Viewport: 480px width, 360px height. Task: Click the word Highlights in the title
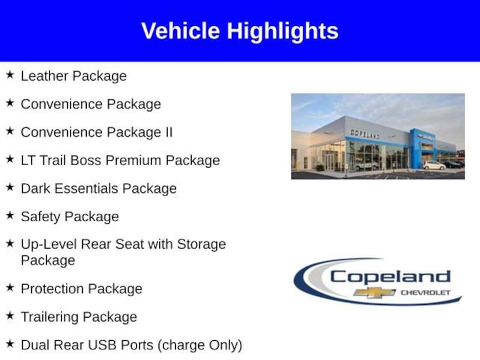pyautogui.click(x=283, y=31)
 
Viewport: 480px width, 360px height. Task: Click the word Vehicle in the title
pyautogui.click(x=180, y=31)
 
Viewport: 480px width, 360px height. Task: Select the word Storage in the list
pyautogui.click(x=201, y=244)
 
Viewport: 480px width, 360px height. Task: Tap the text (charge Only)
pyautogui.click(x=200, y=345)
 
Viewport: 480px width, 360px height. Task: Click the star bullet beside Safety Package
pyautogui.click(x=10, y=216)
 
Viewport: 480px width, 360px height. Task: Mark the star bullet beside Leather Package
pyautogui.click(x=10, y=75)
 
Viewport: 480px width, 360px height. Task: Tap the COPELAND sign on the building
pyautogui.click(x=365, y=134)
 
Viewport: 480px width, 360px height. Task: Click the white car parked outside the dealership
pyautogui.click(x=434, y=165)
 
